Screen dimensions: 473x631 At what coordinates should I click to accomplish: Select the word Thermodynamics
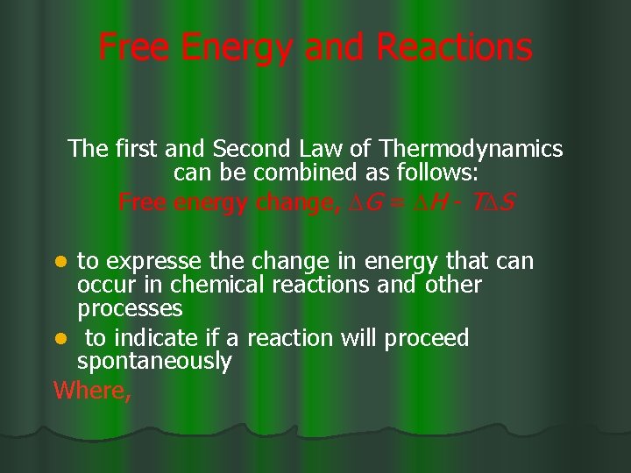478,149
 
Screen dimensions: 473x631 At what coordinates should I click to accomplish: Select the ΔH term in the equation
428,203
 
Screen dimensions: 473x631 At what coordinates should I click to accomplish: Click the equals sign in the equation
396,204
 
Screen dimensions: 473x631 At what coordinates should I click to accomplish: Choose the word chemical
212,285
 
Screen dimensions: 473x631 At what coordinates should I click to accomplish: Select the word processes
130,308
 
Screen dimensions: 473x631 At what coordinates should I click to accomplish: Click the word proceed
427,338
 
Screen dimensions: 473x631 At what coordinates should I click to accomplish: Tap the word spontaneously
154,361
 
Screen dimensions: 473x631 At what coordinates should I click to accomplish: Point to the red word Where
91,390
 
